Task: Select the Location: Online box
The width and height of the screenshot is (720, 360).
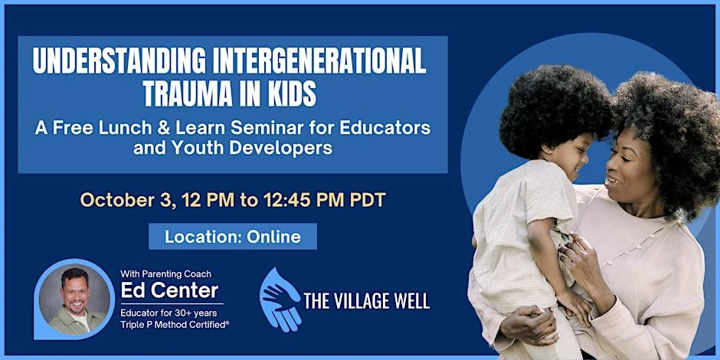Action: click(233, 237)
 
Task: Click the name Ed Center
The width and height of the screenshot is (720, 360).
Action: click(169, 290)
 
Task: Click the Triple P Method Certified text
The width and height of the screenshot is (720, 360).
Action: click(174, 324)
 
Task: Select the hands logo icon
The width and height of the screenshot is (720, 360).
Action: click(280, 299)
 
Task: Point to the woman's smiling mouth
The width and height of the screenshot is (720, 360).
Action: click(614, 182)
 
